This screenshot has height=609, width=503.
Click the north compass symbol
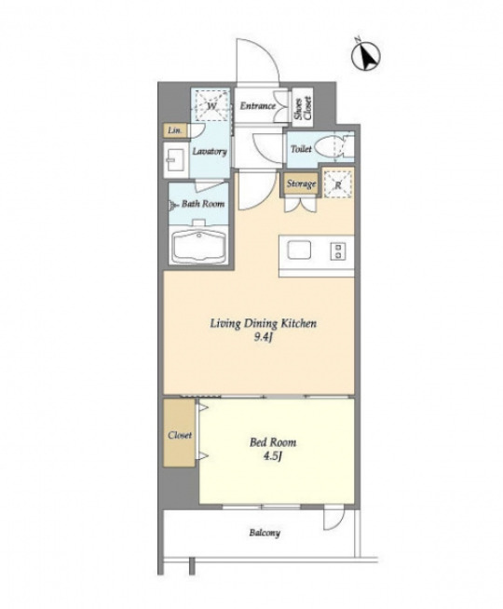point(366,56)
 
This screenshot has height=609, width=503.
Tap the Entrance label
point(257,105)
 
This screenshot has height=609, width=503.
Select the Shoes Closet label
point(303,106)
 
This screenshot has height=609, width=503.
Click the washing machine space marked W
point(211,105)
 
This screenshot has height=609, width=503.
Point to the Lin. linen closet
point(175,130)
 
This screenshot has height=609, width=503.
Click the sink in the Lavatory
point(176,159)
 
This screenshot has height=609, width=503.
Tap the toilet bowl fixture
point(329,148)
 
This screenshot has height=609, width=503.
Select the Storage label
point(301,183)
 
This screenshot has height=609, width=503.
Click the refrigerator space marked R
point(338,184)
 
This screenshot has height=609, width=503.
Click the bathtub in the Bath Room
point(198,246)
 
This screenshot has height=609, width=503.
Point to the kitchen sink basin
point(299,250)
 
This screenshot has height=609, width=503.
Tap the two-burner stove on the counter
point(337,250)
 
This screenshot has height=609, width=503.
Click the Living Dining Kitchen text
point(264,323)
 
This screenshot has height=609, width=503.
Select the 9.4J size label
point(263,337)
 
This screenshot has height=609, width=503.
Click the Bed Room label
point(273,442)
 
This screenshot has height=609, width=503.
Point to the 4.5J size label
point(272,456)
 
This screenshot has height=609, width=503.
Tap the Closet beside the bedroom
point(179,432)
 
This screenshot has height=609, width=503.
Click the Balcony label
point(265,533)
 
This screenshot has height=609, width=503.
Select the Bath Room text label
point(203,204)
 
